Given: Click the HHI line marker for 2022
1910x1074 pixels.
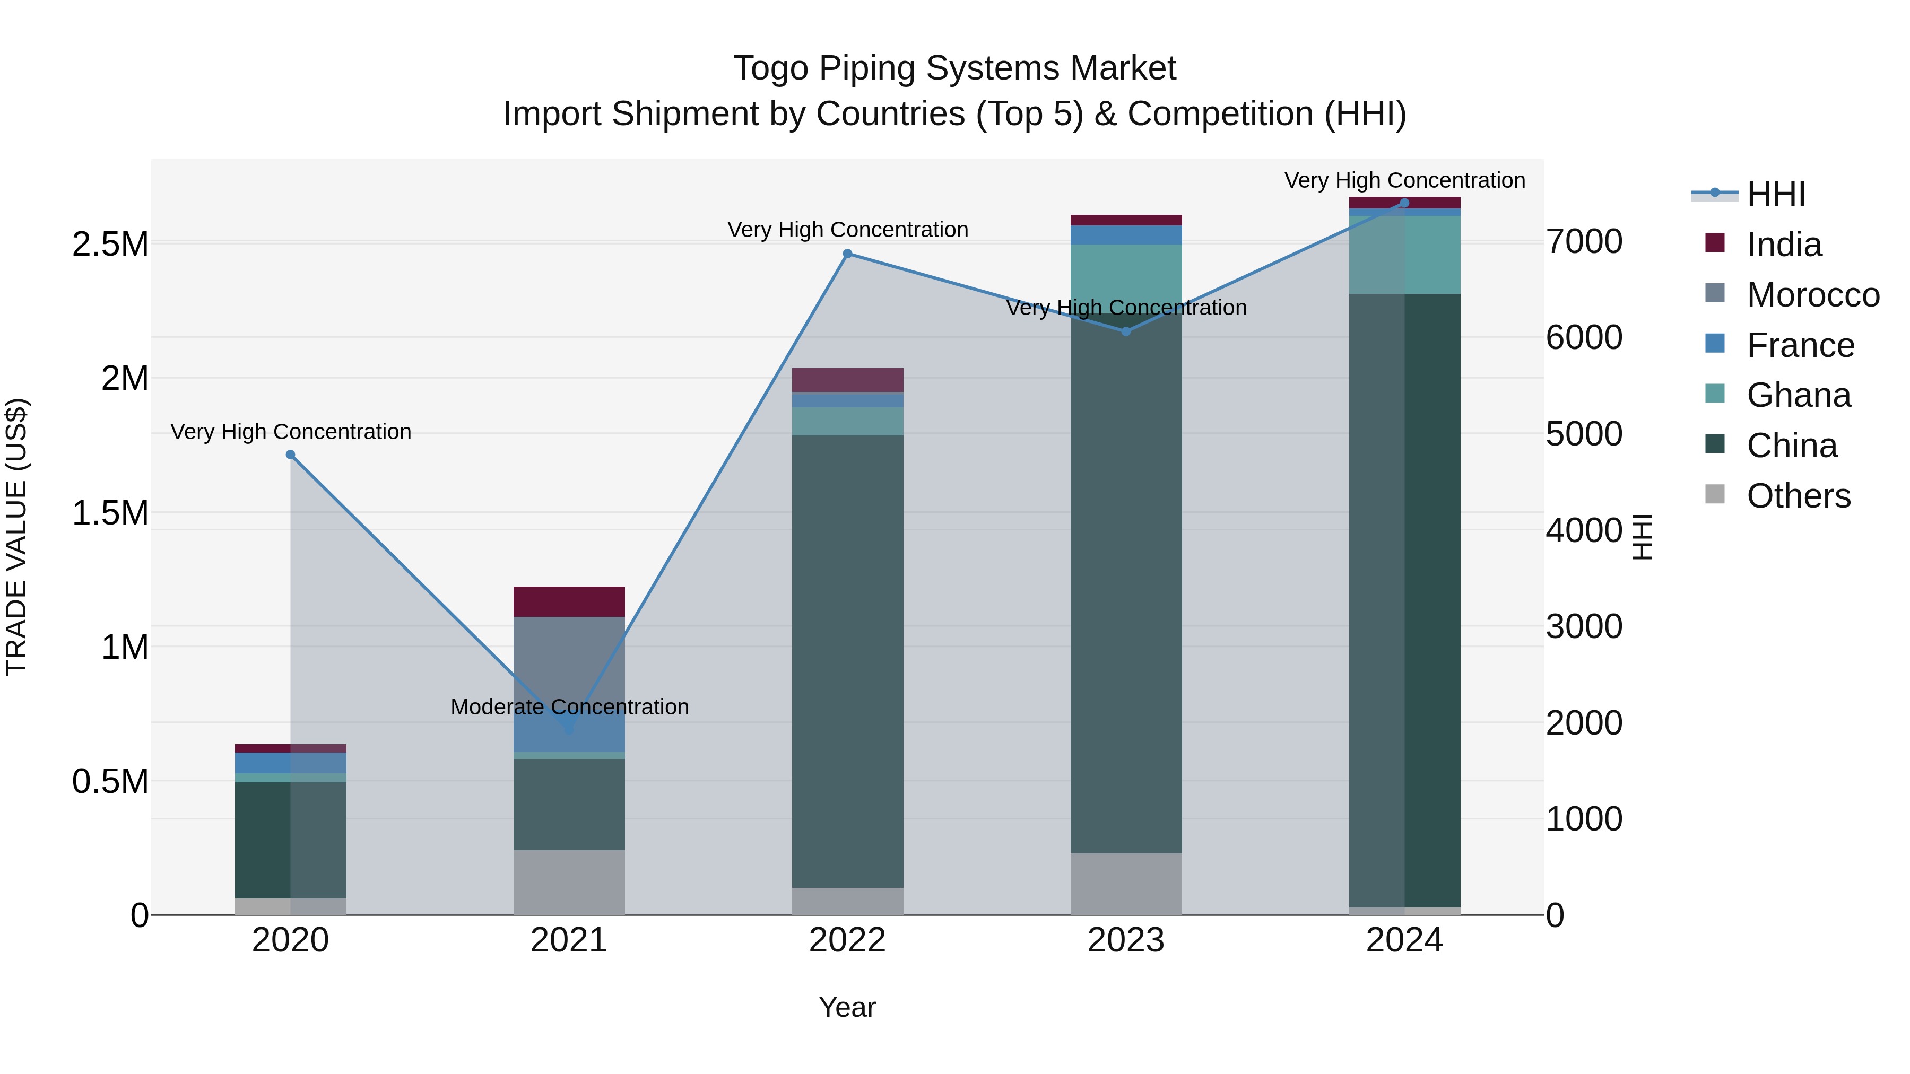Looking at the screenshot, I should click(847, 254).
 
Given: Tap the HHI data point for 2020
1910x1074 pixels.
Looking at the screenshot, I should click(291, 455).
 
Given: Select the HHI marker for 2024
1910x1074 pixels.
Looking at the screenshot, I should click(1404, 203).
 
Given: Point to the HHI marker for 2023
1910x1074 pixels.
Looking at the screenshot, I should click(1125, 331).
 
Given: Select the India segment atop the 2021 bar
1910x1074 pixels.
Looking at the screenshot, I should click(569, 601).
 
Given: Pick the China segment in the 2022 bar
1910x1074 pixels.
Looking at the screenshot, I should click(847, 660).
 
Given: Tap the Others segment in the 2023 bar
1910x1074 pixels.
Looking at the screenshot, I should click(1125, 884).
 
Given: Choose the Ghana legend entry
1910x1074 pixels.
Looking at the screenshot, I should click(1798, 395).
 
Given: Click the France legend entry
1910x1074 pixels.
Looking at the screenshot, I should click(1800, 345).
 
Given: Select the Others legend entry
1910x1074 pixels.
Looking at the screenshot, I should click(1798, 496).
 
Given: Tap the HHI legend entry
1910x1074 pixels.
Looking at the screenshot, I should click(1775, 194).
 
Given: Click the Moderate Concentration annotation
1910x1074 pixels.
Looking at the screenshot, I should click(569, 707).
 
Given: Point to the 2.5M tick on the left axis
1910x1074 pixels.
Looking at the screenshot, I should click(110, 245).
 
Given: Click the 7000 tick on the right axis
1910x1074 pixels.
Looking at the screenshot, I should click(1584, 242).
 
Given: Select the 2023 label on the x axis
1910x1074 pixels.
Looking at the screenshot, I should click(1125, 940).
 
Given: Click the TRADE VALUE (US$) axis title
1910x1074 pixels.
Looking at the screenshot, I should click(16, 537).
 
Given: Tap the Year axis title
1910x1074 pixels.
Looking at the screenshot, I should click(847, 1007).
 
